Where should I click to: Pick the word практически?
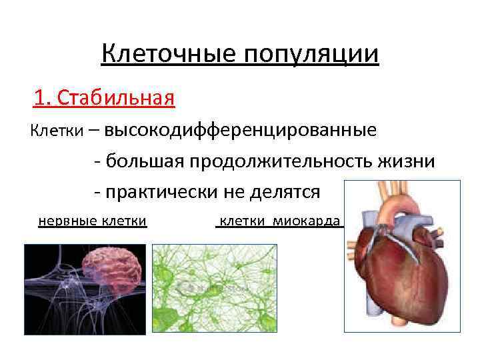161,193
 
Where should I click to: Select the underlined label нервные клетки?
93,221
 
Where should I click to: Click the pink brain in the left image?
113,267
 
